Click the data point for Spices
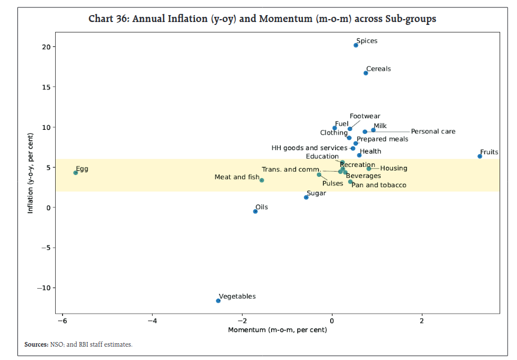(356, 45)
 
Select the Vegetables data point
(218, 300)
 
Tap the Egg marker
(75, 173)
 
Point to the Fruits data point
(480, 156)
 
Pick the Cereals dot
(366, 73)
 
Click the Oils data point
(255, 212)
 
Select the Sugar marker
(306, 197)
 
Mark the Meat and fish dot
(262, 180)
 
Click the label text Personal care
(433, 132)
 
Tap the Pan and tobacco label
(379, 186)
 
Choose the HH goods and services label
(309, 148)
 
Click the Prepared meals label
(382, 139)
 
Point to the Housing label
(393, 169)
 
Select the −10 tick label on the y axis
(45, 288)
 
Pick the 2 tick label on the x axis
(422, 320)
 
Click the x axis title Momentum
(277, 330)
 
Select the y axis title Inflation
(30, 173)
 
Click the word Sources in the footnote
(36, 344)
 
